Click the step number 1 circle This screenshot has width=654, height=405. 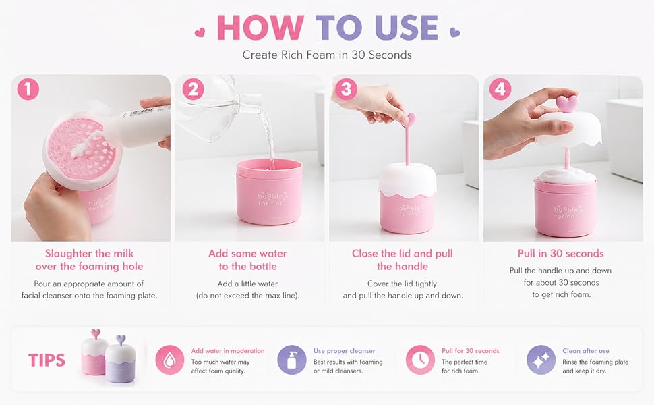[28, 89]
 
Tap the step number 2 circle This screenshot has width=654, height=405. [193, 89]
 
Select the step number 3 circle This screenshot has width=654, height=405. [346, 89]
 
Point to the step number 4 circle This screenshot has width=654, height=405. [500, 89]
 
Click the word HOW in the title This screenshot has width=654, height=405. [260, 28]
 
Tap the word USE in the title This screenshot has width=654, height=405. [407, 28]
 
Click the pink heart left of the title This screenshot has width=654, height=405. [200, 32]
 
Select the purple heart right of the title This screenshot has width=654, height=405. [454, 32]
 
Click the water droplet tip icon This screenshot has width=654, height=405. [170, 360]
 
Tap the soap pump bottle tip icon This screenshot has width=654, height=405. [291, 360]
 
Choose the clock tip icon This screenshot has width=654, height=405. [420, 360]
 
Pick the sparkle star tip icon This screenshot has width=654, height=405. [541, 360]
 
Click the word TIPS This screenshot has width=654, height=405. [47, 360]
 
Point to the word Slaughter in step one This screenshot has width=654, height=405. [68, 253]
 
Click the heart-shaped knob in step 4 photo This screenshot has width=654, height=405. [567, 103]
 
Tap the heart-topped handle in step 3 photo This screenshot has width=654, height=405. [409, 138]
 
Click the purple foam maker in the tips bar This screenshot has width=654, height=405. [120, 360]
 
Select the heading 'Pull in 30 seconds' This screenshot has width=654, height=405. [560, 253]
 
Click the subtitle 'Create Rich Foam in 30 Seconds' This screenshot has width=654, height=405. [327, 55]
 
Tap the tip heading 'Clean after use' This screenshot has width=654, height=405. [586, 351]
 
